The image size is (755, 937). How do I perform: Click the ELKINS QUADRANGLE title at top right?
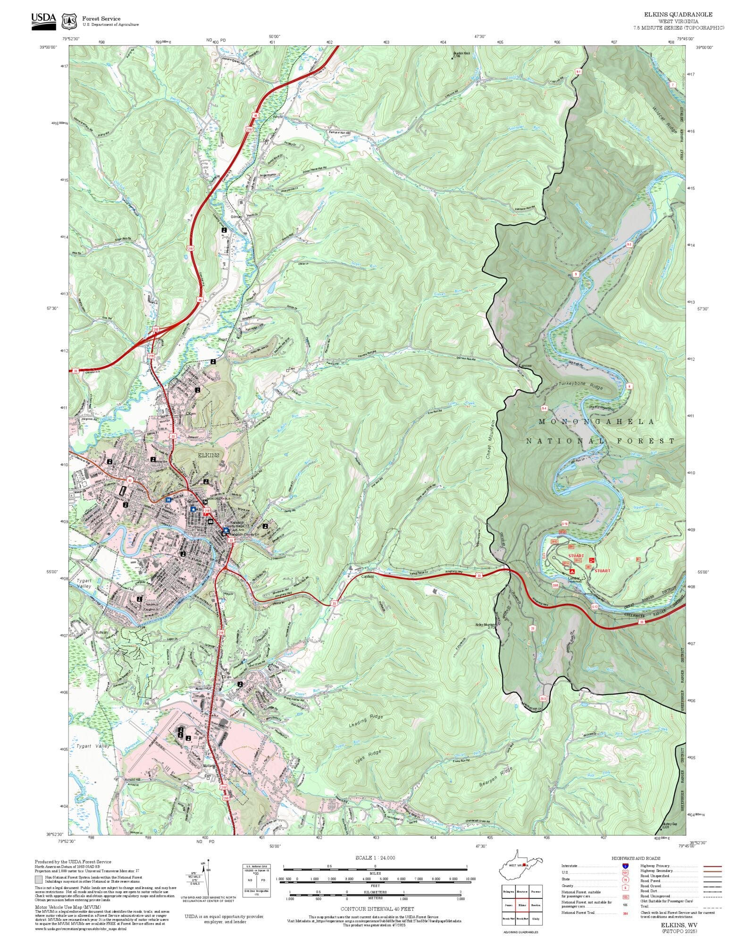(678, 15)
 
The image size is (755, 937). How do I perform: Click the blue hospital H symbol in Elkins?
(168, 500)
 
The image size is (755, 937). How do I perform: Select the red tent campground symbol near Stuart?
(572, 571)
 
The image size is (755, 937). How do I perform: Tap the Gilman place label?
(236, 217)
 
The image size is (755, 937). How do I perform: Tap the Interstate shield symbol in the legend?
(626, 866)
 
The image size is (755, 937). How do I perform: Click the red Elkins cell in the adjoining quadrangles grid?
(522, 892)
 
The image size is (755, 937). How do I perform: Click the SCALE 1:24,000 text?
(375, 858)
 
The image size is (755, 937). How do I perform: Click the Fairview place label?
(525, 366)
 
